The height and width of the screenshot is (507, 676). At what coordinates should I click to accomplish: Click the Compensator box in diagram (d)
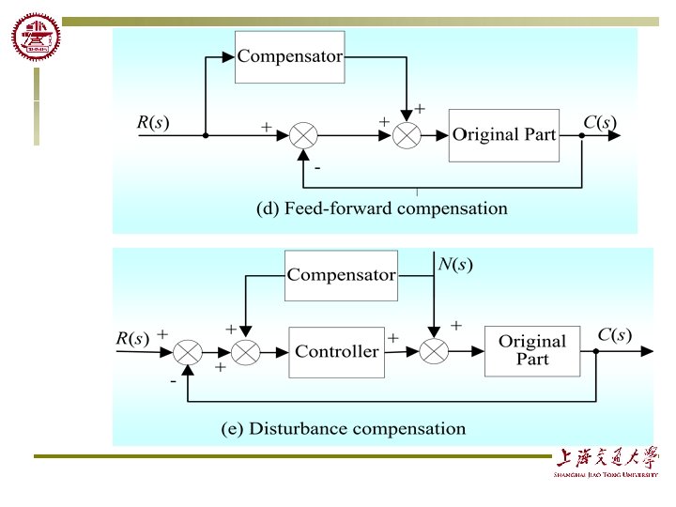289,56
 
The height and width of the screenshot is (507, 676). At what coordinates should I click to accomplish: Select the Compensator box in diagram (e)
341,275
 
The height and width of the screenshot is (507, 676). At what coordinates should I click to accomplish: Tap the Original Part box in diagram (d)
504,134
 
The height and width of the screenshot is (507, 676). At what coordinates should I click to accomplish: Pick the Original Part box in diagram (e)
531,350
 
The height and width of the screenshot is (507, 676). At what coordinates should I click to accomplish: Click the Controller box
337,352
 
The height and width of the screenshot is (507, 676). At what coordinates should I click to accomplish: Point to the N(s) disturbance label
455,265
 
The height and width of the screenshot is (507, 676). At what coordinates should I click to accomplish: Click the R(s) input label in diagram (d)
153,122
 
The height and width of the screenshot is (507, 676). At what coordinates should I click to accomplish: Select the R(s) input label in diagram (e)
132,338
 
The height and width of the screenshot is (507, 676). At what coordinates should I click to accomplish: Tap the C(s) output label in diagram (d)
600,122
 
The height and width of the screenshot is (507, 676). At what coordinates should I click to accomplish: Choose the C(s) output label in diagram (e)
615,335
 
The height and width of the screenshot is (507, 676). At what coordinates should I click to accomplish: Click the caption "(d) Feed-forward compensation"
382,208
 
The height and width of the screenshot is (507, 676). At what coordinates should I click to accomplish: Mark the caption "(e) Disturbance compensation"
344,429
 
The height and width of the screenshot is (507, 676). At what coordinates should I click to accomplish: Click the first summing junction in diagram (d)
303,135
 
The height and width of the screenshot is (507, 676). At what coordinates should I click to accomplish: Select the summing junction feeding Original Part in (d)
407,135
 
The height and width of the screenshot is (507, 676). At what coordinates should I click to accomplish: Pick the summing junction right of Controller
435,352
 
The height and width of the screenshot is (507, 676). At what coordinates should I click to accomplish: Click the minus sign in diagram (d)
317,168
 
